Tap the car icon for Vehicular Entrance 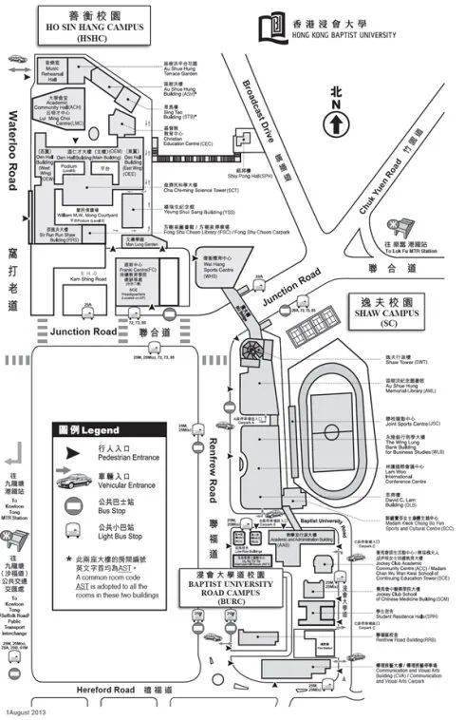[73, 481]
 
